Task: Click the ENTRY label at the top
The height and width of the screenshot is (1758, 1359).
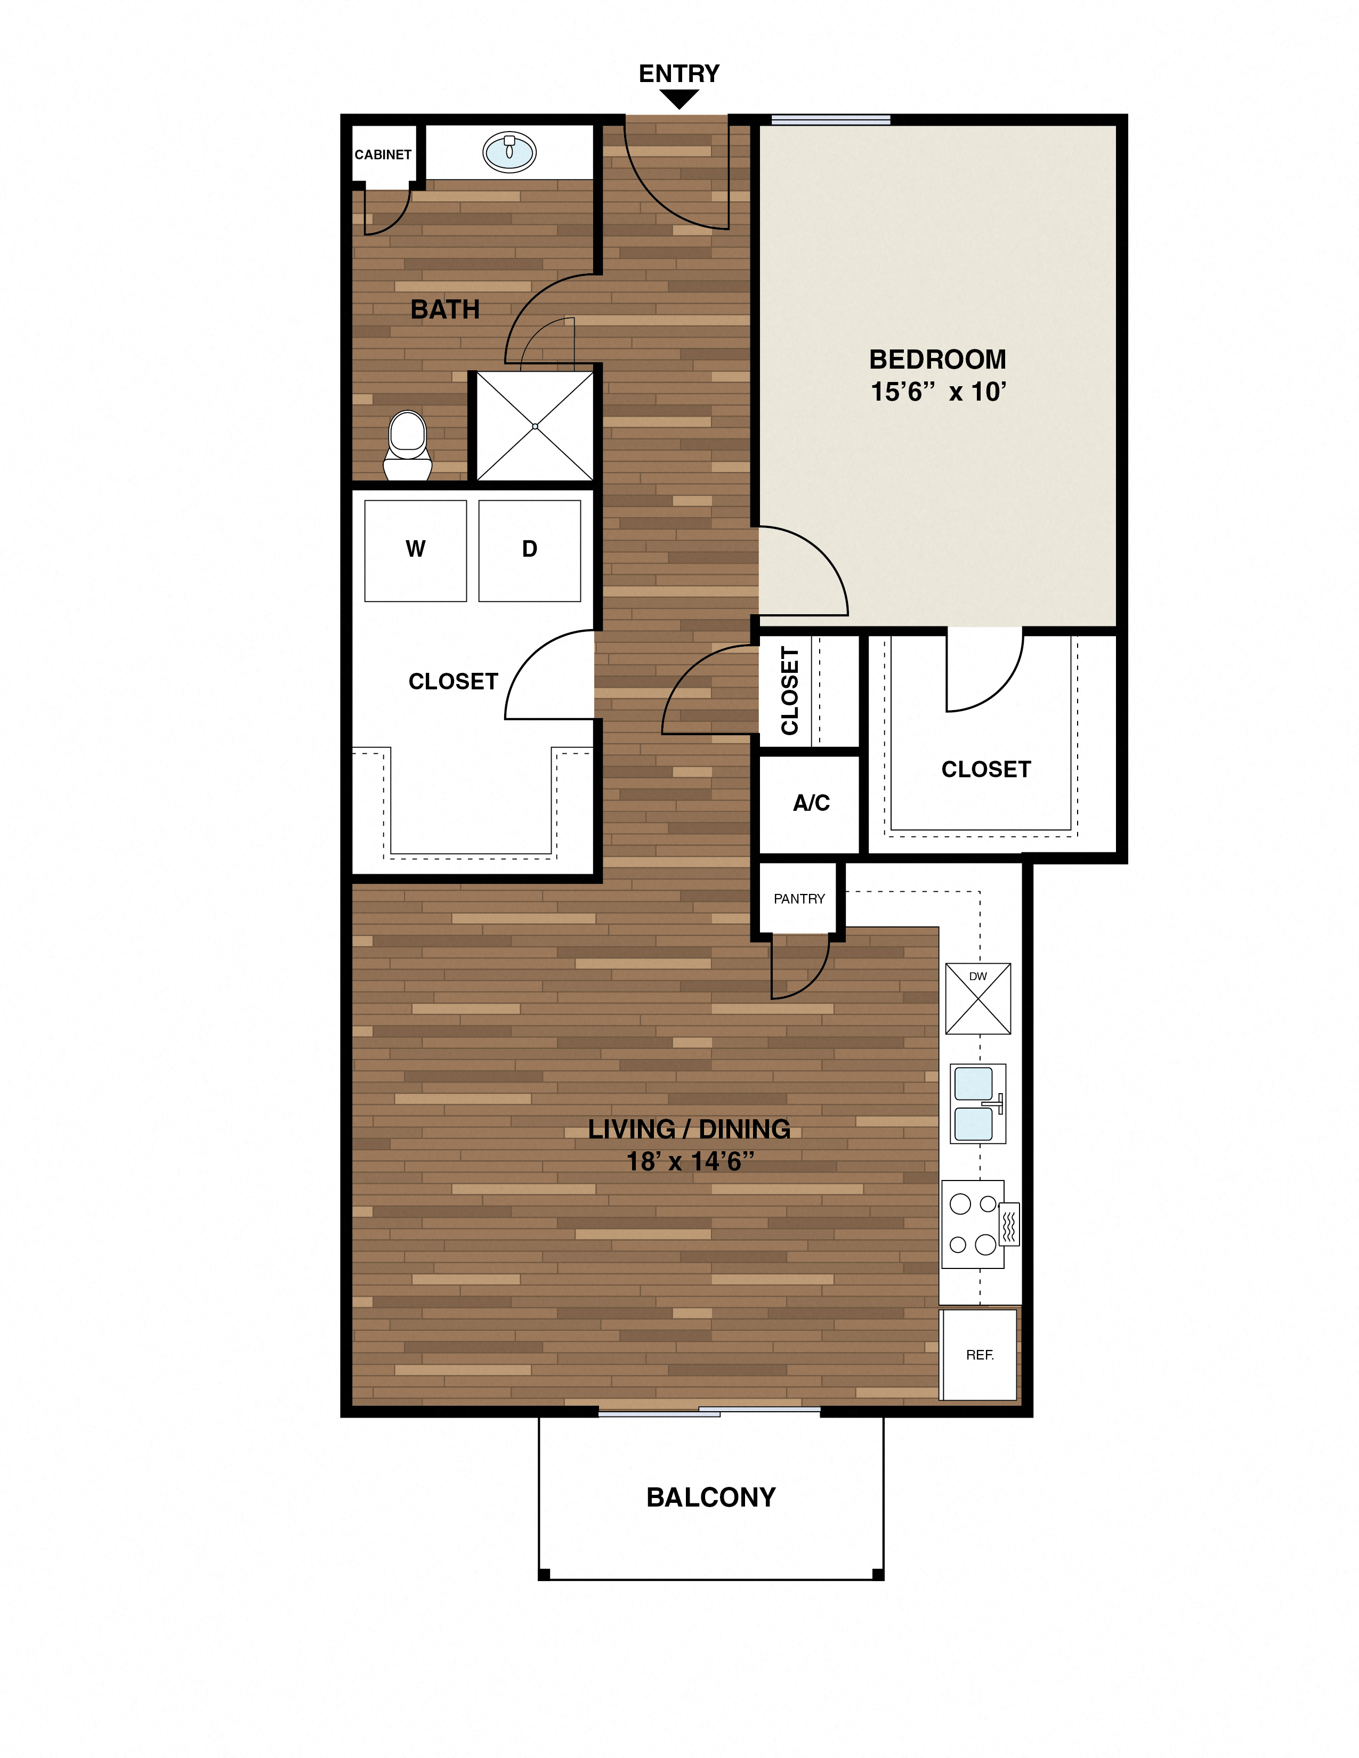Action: coord(678,74)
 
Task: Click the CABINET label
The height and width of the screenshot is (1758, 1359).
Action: coord(383,154)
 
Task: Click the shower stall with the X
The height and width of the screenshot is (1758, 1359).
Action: coord(535,426)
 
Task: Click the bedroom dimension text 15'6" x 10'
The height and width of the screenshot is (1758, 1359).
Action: coord(938,392)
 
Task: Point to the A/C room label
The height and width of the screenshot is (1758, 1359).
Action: coord(811,802)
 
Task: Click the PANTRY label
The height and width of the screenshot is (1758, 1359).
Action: coord(799,898)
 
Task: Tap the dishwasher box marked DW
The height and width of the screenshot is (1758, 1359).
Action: coord(977,998)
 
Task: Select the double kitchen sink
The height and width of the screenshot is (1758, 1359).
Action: coord(976,1104)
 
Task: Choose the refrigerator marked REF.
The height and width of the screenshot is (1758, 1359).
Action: coord(979,1355)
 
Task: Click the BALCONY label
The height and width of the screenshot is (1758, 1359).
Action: coord(711,1497)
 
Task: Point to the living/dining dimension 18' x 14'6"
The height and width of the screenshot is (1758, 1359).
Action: coord(690,1161)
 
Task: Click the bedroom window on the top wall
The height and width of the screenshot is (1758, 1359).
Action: coord(830,120)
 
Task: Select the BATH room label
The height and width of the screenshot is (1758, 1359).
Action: coord(444,309)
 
